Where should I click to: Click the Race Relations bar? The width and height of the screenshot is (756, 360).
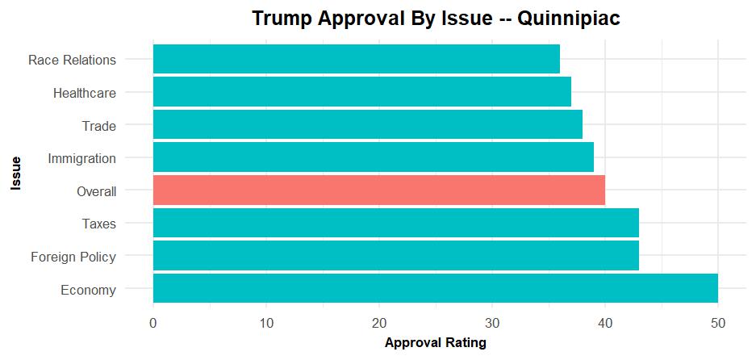point(356,60)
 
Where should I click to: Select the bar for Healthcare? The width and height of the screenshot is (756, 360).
point(361,92)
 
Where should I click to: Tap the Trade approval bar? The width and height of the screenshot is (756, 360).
point(367,125)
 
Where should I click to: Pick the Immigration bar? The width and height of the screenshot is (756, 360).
point(373,157)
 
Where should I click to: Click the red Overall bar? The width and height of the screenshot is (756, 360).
point(378,190)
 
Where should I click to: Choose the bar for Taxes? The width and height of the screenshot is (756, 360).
point(395,224)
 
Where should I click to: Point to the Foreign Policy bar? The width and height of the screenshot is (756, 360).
point(395,256)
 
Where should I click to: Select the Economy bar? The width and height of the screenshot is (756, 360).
point(435,289)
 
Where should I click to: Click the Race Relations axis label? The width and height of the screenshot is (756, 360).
point(72,60)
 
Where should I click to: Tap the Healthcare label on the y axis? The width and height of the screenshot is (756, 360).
point(84,93)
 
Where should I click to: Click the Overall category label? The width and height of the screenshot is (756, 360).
point(96,191)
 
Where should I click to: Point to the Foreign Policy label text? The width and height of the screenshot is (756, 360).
point(73,257)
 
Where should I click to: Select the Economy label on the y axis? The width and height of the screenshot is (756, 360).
point(88,290)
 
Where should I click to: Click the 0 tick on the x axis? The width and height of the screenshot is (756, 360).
point(153,323)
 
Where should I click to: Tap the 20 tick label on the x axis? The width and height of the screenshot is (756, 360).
point(378,323)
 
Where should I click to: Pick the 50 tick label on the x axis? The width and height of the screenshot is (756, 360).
point(717,323)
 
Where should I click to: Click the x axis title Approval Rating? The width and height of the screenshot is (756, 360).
point(435,343)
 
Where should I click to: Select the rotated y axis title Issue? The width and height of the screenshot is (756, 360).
point(15,174)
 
